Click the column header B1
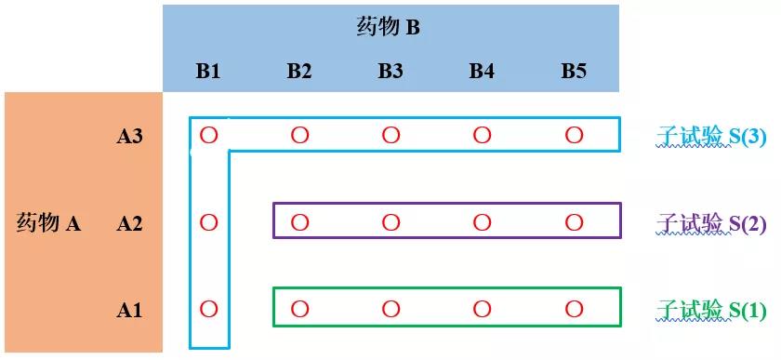tap(208, 71)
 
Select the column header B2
tap(299, 71)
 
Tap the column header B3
tap(390, 71)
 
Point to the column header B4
tap(482, 71)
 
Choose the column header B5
tap(574, 71)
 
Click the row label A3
tap(129, 136)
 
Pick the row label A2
tap(129, 223)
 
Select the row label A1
tap(129, 310)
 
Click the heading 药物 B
tap(389, 27)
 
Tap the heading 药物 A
tap(49, 223)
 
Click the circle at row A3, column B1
tap(208, 136)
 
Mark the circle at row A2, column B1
tap(208, 222)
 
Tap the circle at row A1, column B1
tap(208, 309)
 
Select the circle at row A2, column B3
tap(390, 222)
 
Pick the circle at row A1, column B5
tap(574, 309)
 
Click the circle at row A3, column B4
tap(482, 136)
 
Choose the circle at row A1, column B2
tap(299, 309)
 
